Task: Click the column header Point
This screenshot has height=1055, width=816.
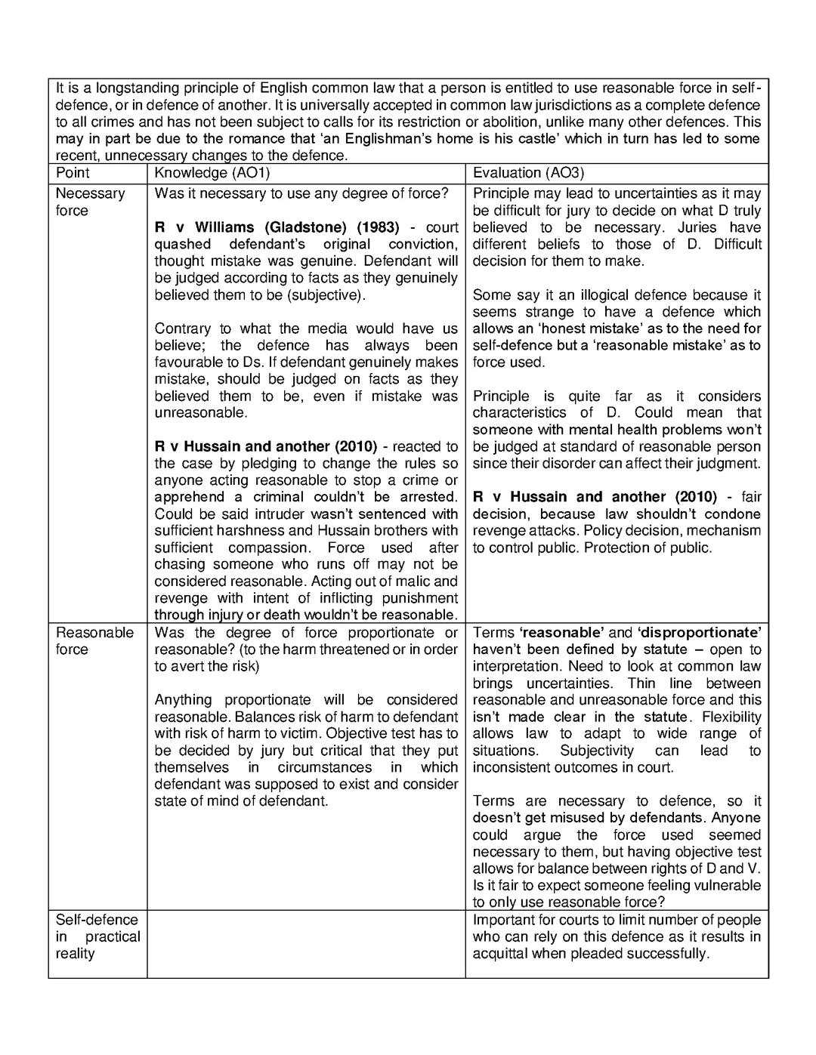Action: click(x=73, y=173)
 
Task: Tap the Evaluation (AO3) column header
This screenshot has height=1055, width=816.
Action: click(x=528, y=173)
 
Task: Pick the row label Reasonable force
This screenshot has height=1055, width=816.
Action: click(x=94, y=641)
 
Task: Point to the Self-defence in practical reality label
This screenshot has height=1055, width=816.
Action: click(x=97, y=936)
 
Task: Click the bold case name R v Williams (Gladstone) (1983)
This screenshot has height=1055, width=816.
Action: click(x=277, y=227)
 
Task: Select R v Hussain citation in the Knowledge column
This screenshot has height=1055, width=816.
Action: click(x=265, y=446)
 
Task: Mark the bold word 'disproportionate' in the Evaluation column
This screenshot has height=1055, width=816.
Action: click(x=699, y=633)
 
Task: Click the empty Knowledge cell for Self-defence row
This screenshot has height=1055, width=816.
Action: click(x=306, y=944)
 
